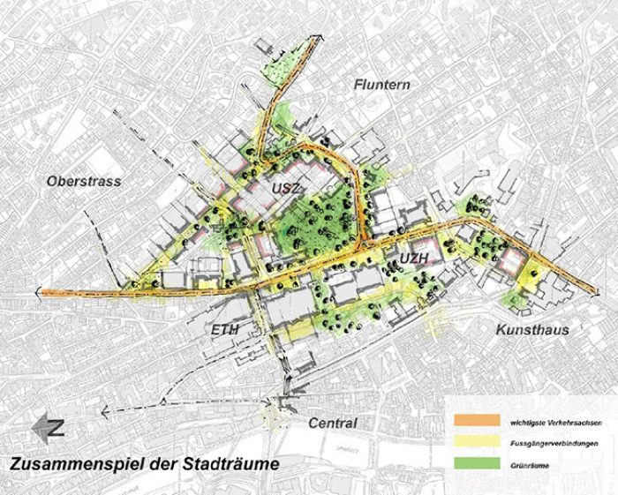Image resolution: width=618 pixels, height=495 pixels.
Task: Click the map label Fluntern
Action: (383, 85)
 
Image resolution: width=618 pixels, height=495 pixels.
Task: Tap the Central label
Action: (332, 424)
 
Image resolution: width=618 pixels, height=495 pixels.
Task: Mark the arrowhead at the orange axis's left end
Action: (39, 292)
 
